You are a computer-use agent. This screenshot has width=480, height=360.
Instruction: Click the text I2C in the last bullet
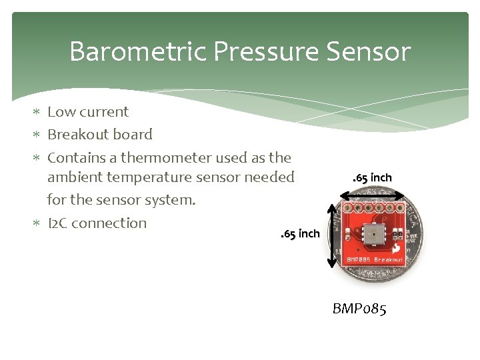click(x=57, y=223)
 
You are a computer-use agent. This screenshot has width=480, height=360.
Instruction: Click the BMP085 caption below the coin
click(x=359, y=309)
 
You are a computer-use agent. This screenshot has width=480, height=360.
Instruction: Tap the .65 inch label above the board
click(x=372, y=177)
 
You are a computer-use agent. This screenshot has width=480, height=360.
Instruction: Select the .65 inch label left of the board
click(x=300, y=234)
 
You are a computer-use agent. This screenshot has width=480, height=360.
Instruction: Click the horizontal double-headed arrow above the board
click(x=372, y=195)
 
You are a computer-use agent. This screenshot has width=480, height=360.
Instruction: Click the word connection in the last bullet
click(x=109, y=223)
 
